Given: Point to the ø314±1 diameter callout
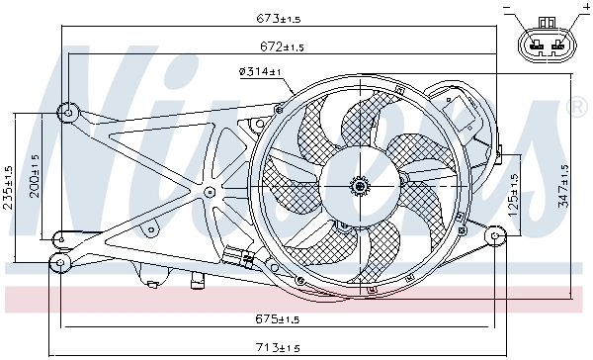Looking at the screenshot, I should (260, 71).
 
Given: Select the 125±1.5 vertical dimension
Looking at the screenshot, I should (514, 193).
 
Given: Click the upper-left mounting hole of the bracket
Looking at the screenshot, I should (67, 111).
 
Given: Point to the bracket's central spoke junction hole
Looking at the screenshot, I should (210, 190).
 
